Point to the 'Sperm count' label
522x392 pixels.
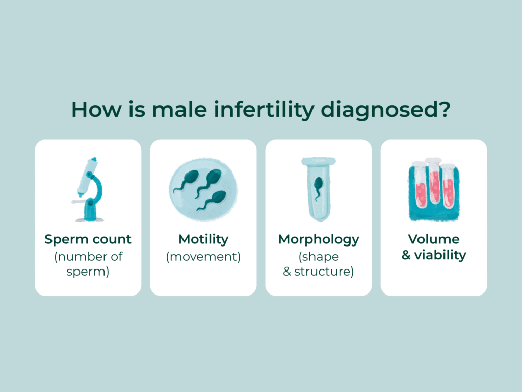tap(88, 239)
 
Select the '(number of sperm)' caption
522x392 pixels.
tap(88, 264)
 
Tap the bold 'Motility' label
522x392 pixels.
tap(203, 239)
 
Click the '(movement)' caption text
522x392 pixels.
tap(203, 256)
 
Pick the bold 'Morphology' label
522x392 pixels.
tap(319, 239)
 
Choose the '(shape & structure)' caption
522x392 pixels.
tap(319, 264)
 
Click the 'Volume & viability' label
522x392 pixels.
tap(434, 247)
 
